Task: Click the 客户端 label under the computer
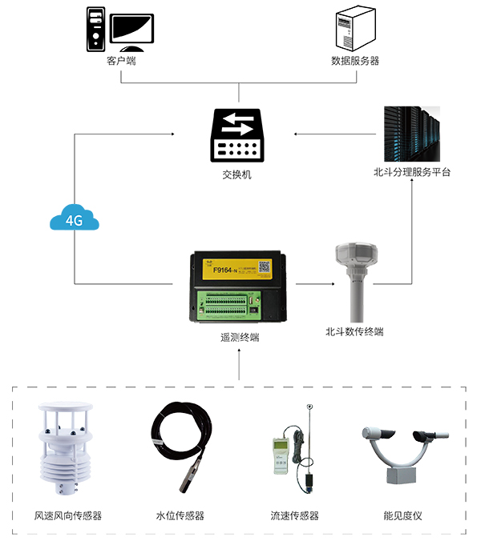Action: tap(121, 60)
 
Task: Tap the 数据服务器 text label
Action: tap(355, 60)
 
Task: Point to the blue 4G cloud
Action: tap(74, 218)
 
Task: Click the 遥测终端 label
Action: tap(240, 337)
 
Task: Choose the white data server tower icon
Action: tap(355, 28)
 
